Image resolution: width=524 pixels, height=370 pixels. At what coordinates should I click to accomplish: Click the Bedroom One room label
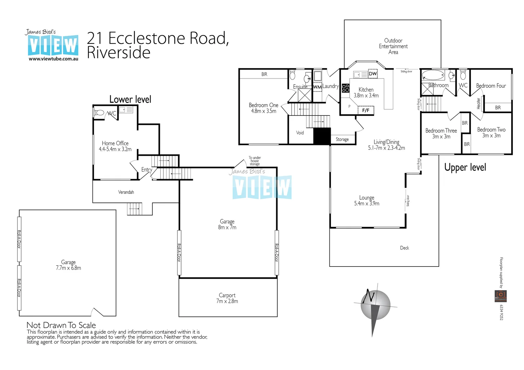click(263, 106)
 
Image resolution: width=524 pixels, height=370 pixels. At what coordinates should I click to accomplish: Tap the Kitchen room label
click(366, 90)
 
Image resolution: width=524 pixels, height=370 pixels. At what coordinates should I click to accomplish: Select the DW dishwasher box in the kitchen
click(373, 74)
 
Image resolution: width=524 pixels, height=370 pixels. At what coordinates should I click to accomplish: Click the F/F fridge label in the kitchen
click(366, 110)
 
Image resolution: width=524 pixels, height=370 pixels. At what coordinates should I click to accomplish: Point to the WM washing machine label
click(317, 87)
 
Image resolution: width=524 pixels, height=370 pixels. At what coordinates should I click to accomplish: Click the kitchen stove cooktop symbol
click(346, 88)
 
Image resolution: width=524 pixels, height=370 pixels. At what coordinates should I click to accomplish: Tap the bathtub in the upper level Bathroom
click(433, 75)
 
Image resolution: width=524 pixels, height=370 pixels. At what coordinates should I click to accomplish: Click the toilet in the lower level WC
click(100, 112)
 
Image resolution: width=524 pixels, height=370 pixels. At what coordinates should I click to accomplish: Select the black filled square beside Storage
click(322, 136)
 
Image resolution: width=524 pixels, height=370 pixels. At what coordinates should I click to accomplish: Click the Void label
click(300, 133)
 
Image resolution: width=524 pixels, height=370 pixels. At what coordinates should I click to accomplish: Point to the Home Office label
click(115, 144)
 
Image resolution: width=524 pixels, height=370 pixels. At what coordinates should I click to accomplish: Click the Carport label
click(227, 295)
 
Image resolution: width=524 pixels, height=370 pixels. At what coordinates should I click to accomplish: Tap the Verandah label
click(126, 192)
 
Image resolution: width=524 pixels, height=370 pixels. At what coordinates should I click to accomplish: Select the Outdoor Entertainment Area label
click(393, 46)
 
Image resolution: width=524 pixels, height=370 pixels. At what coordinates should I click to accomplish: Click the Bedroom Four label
click(491, 86)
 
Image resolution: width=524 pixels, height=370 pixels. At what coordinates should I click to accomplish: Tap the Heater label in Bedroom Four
click(479, 103)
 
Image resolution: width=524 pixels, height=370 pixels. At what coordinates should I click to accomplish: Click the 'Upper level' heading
click(465, 168)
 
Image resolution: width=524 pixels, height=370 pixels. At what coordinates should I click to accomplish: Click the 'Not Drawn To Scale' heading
click(61, 325)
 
